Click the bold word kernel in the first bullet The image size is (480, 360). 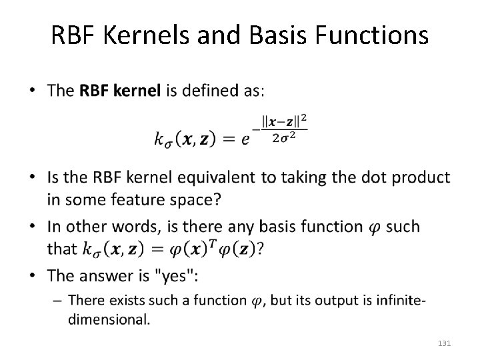pos(136,91)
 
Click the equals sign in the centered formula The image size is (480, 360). pos(226,139)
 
